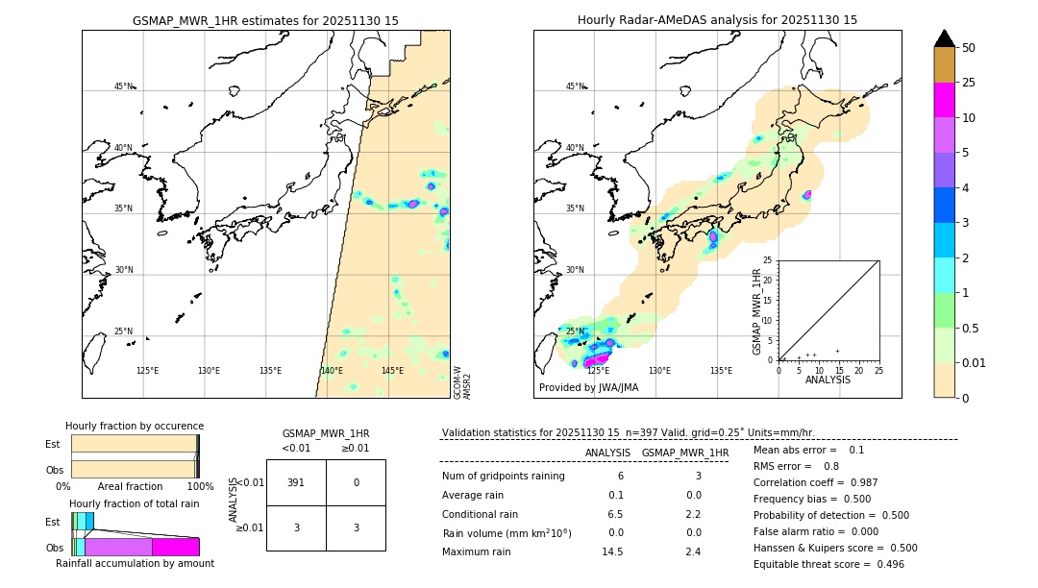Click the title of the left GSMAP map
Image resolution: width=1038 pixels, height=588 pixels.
(x=265, y=20)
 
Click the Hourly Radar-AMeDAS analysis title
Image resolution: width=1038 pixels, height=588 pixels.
(x=717, y=20)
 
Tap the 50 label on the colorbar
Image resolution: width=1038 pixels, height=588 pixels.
(x=969, y=48)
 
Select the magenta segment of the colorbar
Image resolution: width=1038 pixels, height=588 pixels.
(x=945, y=100)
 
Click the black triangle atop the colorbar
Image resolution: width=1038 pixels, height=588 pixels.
(x=945, y=38)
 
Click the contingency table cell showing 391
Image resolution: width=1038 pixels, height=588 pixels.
(x=296, y=482)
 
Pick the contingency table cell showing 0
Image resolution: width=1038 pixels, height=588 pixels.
(x=356, y=482)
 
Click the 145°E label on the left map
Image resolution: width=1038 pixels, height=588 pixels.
(x=392, y=371)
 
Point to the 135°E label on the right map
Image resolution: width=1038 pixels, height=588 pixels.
(x=721, y=371)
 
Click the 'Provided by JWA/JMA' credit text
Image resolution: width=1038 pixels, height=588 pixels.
(x=588, y=388)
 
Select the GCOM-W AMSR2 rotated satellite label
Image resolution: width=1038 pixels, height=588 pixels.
(x=462, y=381)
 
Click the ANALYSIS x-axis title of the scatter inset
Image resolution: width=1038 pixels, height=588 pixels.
(x=828, y=380)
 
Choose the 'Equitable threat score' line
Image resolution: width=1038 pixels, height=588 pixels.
(x=828, y=564)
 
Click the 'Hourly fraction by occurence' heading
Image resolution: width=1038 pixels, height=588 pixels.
(x=135, y=426)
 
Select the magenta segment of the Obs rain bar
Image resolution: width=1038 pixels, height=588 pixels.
(x=175, y=547)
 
